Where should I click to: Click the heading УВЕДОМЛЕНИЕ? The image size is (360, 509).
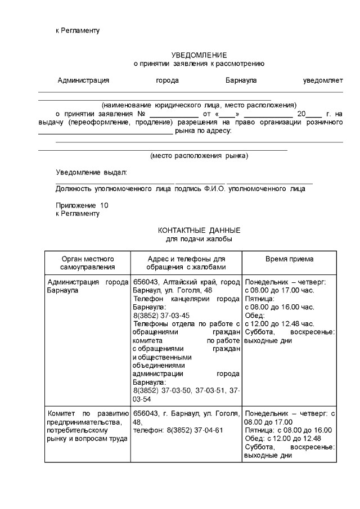(x=199, y=55)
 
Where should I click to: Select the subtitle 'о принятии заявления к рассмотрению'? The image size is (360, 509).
(x=199, y=64)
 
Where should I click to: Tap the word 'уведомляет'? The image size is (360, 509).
(x=323, y=80)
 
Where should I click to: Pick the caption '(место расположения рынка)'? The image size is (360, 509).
(x=199, y=156)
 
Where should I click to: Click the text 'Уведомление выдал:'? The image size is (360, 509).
(x=91, y=172)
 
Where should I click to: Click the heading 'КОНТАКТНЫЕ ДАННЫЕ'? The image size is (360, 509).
(x=199, y=231)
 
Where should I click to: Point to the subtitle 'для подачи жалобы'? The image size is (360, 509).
(x=199, y=239)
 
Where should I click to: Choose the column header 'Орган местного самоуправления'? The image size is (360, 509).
(x=87, y=263)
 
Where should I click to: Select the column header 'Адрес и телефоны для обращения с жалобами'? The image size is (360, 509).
(x=186, y=263)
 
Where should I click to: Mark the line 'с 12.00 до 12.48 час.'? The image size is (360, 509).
(x=279, y=324)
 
